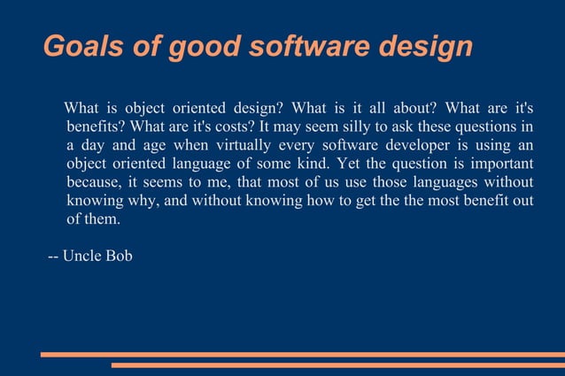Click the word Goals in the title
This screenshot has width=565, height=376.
tap(74, 45)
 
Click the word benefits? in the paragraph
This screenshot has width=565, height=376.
tap(96, 127)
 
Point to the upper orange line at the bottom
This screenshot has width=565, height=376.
tap(302, 354)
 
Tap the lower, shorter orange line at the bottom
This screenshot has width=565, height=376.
tap(337, 364)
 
